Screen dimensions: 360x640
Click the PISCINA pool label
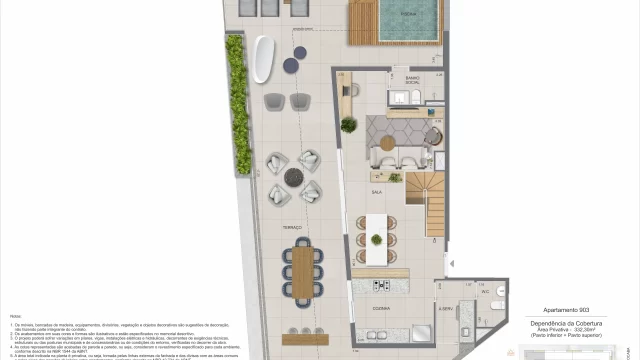(x=395, y=14)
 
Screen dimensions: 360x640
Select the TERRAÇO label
(x=291, y=227)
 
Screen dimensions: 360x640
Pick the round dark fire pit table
(x=295, y=177)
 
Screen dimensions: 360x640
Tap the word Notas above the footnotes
(x=15, y=316)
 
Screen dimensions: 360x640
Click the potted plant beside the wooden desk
(x=349, y=125)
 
